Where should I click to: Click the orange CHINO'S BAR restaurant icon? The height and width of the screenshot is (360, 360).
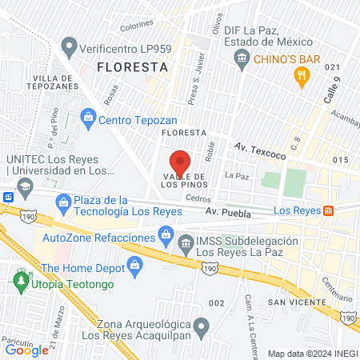click(302, 76)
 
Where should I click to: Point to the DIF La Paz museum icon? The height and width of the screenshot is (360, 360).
click(242, 58)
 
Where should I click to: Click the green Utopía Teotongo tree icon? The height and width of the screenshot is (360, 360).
click(19, 283)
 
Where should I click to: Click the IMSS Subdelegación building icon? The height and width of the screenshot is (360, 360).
click(186, 242)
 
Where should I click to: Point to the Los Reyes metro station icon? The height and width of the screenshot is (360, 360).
click(328, 210)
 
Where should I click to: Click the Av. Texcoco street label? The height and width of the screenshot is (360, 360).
click(257, 148)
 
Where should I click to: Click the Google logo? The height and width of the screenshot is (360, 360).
click(26, 350)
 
